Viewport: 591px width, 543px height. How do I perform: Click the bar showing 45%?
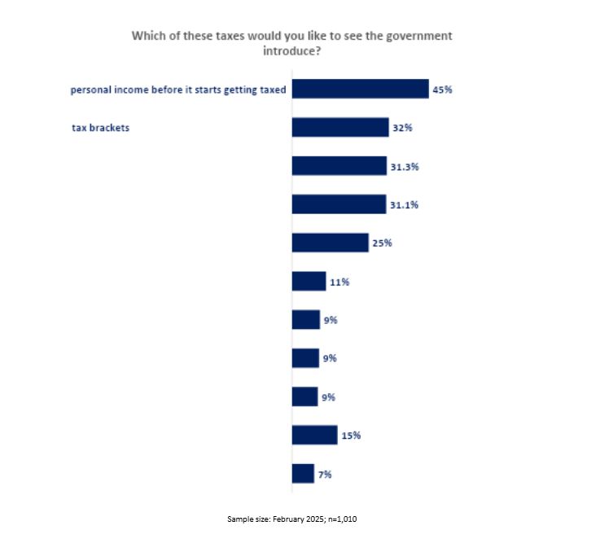360,89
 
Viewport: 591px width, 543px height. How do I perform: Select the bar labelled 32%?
340,127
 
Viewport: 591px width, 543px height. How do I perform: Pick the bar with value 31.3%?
339,165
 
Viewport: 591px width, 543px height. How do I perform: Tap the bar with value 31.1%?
339,204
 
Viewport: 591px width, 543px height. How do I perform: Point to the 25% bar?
330,243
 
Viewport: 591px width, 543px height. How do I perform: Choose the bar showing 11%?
309,282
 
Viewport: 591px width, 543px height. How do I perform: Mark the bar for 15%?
314,435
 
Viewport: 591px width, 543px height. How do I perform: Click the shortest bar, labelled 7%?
303,473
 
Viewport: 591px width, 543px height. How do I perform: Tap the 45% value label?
442,90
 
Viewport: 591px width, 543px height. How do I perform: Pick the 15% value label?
351,436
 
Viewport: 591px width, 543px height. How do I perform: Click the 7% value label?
325,474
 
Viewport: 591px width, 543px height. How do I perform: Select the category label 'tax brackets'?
101,128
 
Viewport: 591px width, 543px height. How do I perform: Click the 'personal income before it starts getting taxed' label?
178,90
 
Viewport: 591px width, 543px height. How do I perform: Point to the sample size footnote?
291,519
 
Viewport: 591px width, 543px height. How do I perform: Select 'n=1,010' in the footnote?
336,519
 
